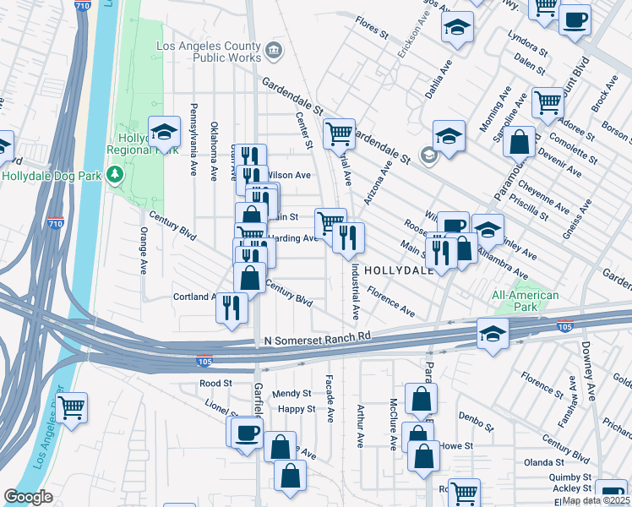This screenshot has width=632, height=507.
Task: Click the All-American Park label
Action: (526, 301)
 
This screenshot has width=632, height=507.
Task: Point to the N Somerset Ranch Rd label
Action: (313, 337)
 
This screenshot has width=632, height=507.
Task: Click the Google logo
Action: (28, 497)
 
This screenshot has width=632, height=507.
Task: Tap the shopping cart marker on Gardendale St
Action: (339, 133)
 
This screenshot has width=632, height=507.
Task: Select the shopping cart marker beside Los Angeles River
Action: (71, 408)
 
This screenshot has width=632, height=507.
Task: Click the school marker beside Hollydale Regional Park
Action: (164, 132)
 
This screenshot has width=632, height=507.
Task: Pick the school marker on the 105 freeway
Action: (493, 333)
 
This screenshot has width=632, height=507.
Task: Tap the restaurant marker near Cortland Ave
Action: (232, 306)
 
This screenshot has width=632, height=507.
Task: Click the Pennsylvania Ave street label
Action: (193, 140)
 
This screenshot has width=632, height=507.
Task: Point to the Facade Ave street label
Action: (330, 400)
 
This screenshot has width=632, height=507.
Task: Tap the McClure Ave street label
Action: (393, 424)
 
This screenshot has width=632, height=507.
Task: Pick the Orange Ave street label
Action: (143, 250)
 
